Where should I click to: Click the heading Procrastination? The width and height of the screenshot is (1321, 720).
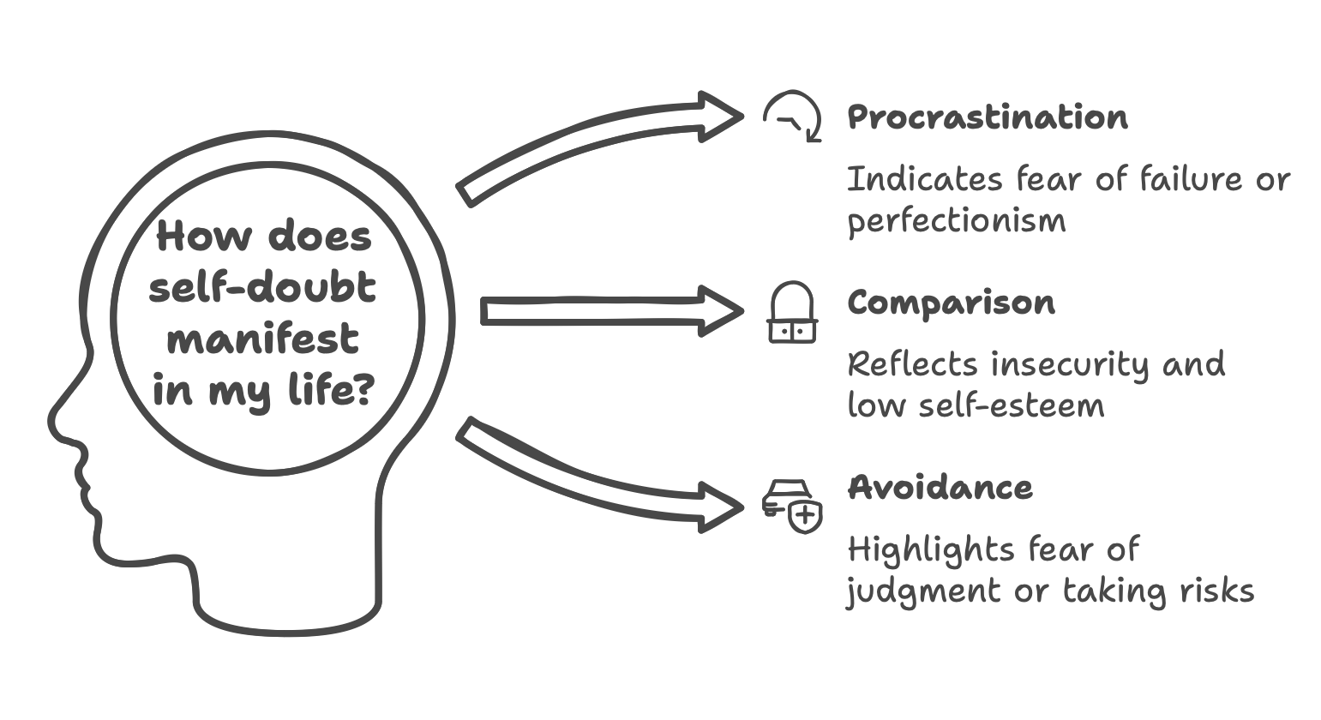click(x=987, y=117)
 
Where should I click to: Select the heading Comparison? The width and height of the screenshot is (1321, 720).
click(x=951, y=303)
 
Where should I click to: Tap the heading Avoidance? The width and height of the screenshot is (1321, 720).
click(x=940, y=488)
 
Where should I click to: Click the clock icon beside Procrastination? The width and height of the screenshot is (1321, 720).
click(x=793, y=117)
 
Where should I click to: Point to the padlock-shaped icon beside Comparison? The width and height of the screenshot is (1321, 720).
click(x=791, y=312)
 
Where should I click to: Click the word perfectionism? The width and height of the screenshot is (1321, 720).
click(x=957, y=222)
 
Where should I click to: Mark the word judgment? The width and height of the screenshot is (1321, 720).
click(x=922, y=591)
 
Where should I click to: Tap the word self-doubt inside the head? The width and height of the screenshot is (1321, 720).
click(x=262, y=287)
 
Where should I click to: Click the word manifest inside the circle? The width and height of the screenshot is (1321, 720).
click(x=262, y=339)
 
